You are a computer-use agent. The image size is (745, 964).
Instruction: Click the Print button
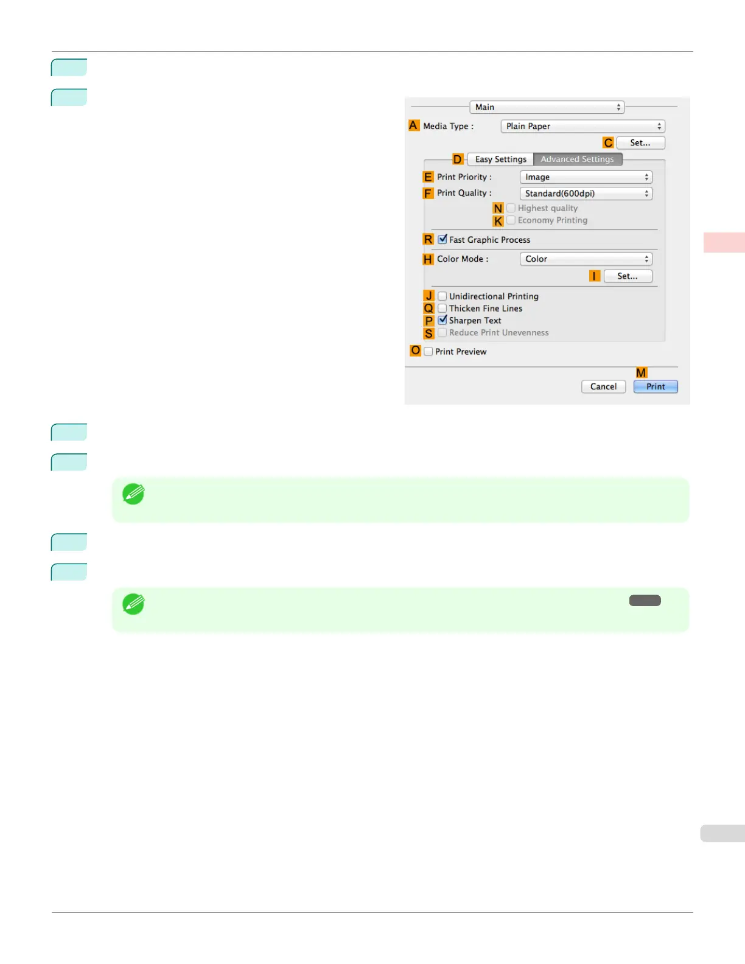click(656, 386)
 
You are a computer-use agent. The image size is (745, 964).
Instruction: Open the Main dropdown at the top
click(547, 107)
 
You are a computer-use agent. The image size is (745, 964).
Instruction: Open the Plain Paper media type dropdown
click(582, 126)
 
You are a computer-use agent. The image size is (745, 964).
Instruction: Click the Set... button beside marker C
click(640, 143)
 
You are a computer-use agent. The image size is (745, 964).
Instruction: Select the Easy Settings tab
click(500, 159)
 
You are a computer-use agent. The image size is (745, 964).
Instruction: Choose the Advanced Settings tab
click(577, 159)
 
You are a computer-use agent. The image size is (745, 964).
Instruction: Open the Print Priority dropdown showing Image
click(586, 177)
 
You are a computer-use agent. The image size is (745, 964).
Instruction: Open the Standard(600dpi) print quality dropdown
click(586, 194)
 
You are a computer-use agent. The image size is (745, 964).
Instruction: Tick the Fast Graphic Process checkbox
click(442, 239)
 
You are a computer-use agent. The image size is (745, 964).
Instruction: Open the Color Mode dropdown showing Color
click(586, 259)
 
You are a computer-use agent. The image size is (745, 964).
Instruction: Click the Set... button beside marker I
click(628, 276)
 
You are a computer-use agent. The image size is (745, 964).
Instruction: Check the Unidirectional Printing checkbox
click(442, 296)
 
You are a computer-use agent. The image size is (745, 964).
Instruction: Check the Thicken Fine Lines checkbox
click(442, 309)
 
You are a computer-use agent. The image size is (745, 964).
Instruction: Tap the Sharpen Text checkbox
click(442, 320)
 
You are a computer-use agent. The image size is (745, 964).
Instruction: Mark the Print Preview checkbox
click(428, 352)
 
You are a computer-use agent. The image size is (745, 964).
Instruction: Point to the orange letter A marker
click(414, 125)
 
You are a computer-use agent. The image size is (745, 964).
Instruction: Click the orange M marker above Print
click(641, 372)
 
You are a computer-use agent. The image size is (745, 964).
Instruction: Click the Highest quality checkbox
click(511, 208)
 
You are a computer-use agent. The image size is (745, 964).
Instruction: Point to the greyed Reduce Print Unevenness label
click(498, 333)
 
